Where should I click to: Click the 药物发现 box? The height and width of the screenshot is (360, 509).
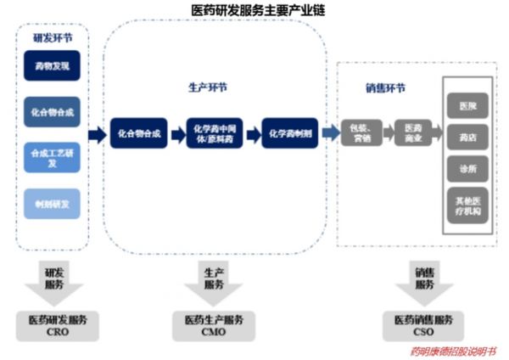pos(53,66)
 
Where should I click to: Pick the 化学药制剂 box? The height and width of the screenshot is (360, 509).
pos(289,133)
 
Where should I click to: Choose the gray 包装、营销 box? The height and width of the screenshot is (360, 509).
pos(360,133)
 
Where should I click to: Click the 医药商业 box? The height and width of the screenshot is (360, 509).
pos(413,133)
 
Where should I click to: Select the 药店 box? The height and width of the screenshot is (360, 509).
pos(467,137)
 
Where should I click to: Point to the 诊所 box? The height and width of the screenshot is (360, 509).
pos(467,168)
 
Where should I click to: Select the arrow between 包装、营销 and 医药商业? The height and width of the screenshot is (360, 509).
pos(387,133)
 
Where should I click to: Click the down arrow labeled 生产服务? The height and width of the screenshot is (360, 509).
pos(214,284)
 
